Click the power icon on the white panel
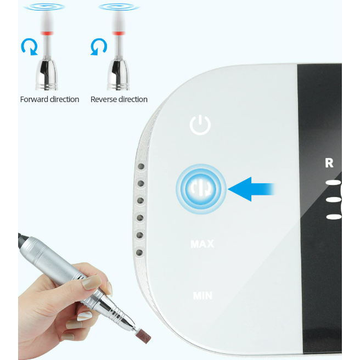coord(200,125)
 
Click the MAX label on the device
coord(202,244)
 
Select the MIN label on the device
coord(202,296)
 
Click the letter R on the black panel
coord(329,163)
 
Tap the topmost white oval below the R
coord(334,183)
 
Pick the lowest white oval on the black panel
coord(334,216)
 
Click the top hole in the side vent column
coord(140,166)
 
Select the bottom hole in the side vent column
coord(139,253)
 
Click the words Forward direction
coord(49,99)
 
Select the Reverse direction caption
coord(119,99)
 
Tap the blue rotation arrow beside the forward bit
coord(29,48)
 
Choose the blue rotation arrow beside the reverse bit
coord(98,48)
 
